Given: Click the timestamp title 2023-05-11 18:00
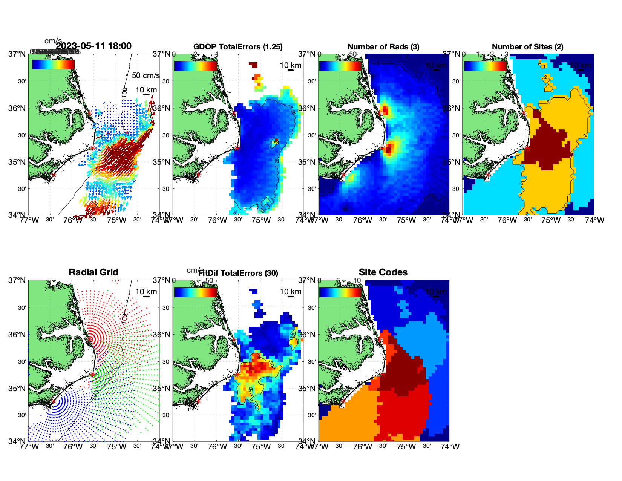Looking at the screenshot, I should click(x=93, y=46).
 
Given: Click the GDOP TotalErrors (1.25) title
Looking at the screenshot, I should click(x=238, y=47).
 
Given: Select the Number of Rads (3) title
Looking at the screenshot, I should click(x=383, y=47).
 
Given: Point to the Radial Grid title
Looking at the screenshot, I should click(x=93, y=272).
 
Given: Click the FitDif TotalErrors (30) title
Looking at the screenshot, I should click(x=238, y=273).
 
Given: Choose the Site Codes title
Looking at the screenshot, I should click(x=383, y=272).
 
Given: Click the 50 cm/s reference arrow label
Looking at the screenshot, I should click(x=146, y=75).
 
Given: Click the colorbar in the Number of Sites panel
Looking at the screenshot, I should click(x=485, y=66).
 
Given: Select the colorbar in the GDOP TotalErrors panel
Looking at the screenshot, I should click(x=195, y=66).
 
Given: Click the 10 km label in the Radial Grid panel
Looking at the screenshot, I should click(x=146, y=292).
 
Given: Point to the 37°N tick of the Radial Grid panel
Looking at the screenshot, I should click(x=17, y=280).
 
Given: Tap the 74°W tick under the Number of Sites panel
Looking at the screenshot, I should click(x=594, y=220).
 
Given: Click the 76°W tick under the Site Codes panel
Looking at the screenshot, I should click(x=363, y=447).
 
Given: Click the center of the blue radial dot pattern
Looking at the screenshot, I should click(x=53, y=401).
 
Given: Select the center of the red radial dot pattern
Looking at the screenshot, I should click(x=90, y=339).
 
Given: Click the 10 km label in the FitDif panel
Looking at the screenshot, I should click(x=290, y=292).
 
